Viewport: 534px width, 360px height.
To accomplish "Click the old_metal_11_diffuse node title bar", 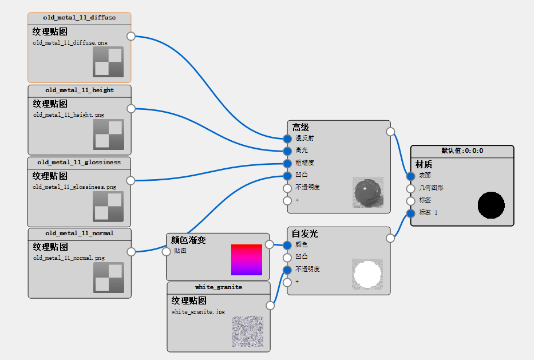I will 79,18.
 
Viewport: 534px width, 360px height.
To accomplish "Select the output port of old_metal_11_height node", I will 131,109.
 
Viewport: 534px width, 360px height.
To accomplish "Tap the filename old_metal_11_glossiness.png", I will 74,187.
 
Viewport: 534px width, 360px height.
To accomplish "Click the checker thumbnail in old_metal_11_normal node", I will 109,278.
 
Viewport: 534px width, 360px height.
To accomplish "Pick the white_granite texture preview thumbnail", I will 248,331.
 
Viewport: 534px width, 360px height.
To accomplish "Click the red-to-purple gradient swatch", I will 247,260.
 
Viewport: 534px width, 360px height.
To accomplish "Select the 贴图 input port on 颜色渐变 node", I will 166,251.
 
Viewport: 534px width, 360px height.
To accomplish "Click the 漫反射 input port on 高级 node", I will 287,139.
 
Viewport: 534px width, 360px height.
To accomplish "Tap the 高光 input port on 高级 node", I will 287,151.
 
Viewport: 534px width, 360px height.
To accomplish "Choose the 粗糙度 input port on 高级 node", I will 287,163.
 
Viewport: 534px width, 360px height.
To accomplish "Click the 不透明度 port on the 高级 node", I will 287,188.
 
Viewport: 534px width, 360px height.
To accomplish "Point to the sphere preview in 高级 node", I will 367,192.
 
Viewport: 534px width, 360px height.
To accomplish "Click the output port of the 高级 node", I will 390,132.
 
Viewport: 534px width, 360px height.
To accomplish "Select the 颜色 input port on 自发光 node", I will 287,245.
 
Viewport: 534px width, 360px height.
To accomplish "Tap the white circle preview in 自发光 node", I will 367,274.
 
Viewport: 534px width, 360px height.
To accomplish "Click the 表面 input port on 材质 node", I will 410,176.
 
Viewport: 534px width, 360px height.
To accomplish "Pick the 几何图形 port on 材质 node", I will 410,188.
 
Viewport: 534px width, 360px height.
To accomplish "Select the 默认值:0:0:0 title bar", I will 462,151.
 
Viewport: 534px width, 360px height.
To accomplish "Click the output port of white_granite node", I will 270,306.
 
